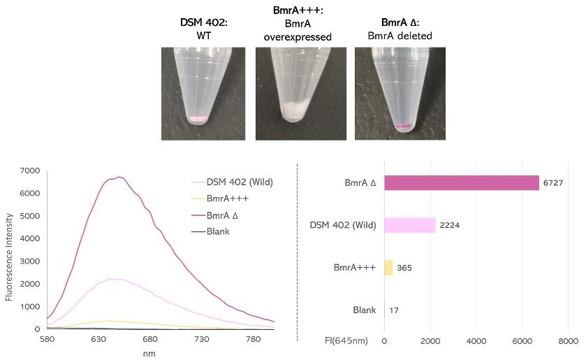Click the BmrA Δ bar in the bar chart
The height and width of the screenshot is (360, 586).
pos(461,183)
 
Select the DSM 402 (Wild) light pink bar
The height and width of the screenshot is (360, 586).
pos(410,225)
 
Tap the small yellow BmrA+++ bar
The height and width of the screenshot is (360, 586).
pos(388,268)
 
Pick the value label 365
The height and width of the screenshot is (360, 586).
pos(404,268)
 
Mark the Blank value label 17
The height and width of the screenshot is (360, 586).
pos(393,310)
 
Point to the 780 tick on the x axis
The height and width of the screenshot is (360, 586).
pos(253,339)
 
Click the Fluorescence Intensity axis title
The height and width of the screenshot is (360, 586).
pos(9,249)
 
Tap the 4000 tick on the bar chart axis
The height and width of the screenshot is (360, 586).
pos(476,341)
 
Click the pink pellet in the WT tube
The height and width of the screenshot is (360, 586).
pos(198,120)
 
